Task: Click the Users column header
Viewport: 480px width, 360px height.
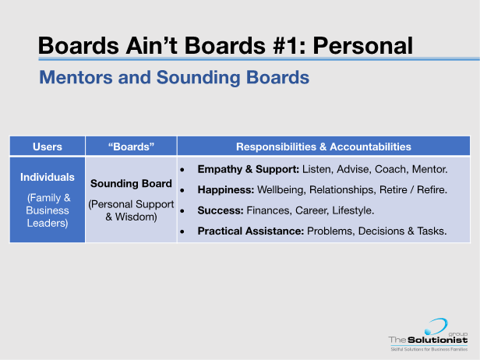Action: coord(48,146)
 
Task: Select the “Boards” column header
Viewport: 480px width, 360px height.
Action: coord(131,146)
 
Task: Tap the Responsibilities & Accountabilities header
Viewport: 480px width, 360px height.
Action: coord(323,146)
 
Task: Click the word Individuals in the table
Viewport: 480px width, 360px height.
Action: coord(48,177)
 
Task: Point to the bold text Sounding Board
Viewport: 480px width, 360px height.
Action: coord(131,184)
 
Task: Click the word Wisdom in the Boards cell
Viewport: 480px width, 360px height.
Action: coord(136,217)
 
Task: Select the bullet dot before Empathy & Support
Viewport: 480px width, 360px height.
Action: coord(182,170)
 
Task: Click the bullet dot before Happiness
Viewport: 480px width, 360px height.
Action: coord(182,190)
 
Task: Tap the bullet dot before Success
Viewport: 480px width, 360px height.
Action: coord(182,211)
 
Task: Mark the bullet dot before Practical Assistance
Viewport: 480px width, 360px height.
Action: coord(182,231)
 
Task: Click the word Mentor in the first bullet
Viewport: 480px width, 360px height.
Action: coord(429,169)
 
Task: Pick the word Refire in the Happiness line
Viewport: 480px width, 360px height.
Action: coord(430,190)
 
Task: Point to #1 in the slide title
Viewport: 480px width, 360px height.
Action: coord(284,46)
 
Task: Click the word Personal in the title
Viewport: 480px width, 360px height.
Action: coord(363,46)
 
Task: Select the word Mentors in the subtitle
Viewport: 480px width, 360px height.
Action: coord(76,77)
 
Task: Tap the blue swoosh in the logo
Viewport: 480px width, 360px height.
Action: coord(436,326)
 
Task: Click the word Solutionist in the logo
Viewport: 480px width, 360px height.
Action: coord(438,340)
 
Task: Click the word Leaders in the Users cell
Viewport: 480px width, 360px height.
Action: coord(47,223)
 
